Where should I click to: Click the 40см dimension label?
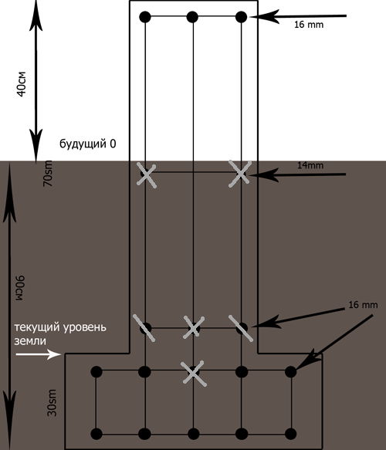pos(22,84)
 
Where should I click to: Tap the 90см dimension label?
pos(20,288)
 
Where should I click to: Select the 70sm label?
pos(48,174)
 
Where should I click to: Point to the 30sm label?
pos(52,403)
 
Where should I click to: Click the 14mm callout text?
pos(310,166)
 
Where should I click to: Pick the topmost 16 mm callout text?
pos(309,25)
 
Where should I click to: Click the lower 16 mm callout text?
pos(363,305)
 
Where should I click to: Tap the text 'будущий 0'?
pos(88,144)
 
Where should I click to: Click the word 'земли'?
pos(30,341)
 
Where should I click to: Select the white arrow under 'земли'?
pos(38,354)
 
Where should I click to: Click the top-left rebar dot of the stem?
pos(145,17)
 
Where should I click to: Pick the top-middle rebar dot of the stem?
pos(192,17)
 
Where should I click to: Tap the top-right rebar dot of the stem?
pos(241,17)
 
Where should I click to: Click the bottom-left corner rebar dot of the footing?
pos(96,434)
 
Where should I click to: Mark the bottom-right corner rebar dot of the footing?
pos(291,434)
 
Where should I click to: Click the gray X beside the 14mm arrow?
pos(240,174)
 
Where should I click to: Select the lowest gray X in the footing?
pos(194,373)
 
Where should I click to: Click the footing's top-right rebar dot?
pos(291,371)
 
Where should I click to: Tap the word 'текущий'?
pos(37,327)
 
